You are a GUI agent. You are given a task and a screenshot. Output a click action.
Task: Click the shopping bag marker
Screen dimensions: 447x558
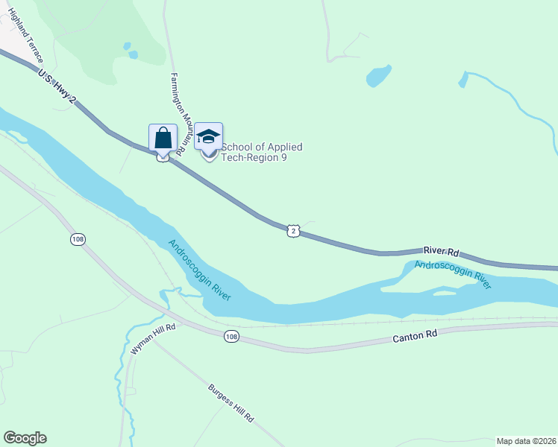point(163,139)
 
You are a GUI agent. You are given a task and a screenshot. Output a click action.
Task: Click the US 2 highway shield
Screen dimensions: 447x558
point(294,231)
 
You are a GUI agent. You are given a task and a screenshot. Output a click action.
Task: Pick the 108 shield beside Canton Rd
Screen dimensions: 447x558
point(231,337)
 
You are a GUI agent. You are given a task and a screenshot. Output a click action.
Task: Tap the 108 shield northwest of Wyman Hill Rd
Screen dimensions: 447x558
point(78,239)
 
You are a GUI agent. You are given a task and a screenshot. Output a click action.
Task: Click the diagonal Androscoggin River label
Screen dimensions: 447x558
point(199,270)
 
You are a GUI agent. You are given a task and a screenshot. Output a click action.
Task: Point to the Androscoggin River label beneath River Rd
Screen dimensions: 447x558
point(453,273)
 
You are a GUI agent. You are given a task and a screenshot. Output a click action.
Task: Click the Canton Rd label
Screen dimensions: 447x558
point(415,337)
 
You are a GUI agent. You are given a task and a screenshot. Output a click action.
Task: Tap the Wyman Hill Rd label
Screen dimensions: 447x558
point(153,338)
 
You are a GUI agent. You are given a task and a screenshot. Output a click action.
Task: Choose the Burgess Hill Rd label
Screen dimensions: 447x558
point(231,404)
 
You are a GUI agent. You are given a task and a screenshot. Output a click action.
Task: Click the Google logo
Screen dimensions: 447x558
point(25,438)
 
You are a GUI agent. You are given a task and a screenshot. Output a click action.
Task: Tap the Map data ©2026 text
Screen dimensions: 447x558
point(526,441)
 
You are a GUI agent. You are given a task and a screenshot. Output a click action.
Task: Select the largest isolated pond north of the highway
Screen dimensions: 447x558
point(378,76)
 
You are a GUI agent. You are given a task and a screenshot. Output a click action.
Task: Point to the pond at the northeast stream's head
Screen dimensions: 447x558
point(463,79)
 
